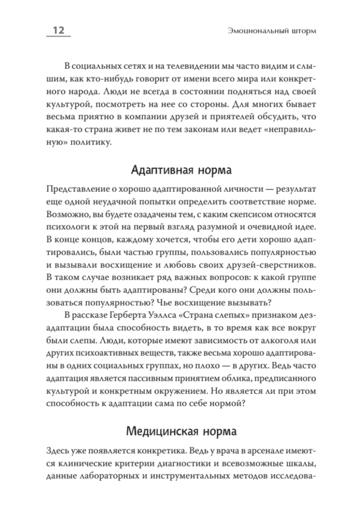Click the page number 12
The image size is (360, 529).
[x=58, y=30]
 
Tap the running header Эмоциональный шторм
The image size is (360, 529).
[x=272, y=31]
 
